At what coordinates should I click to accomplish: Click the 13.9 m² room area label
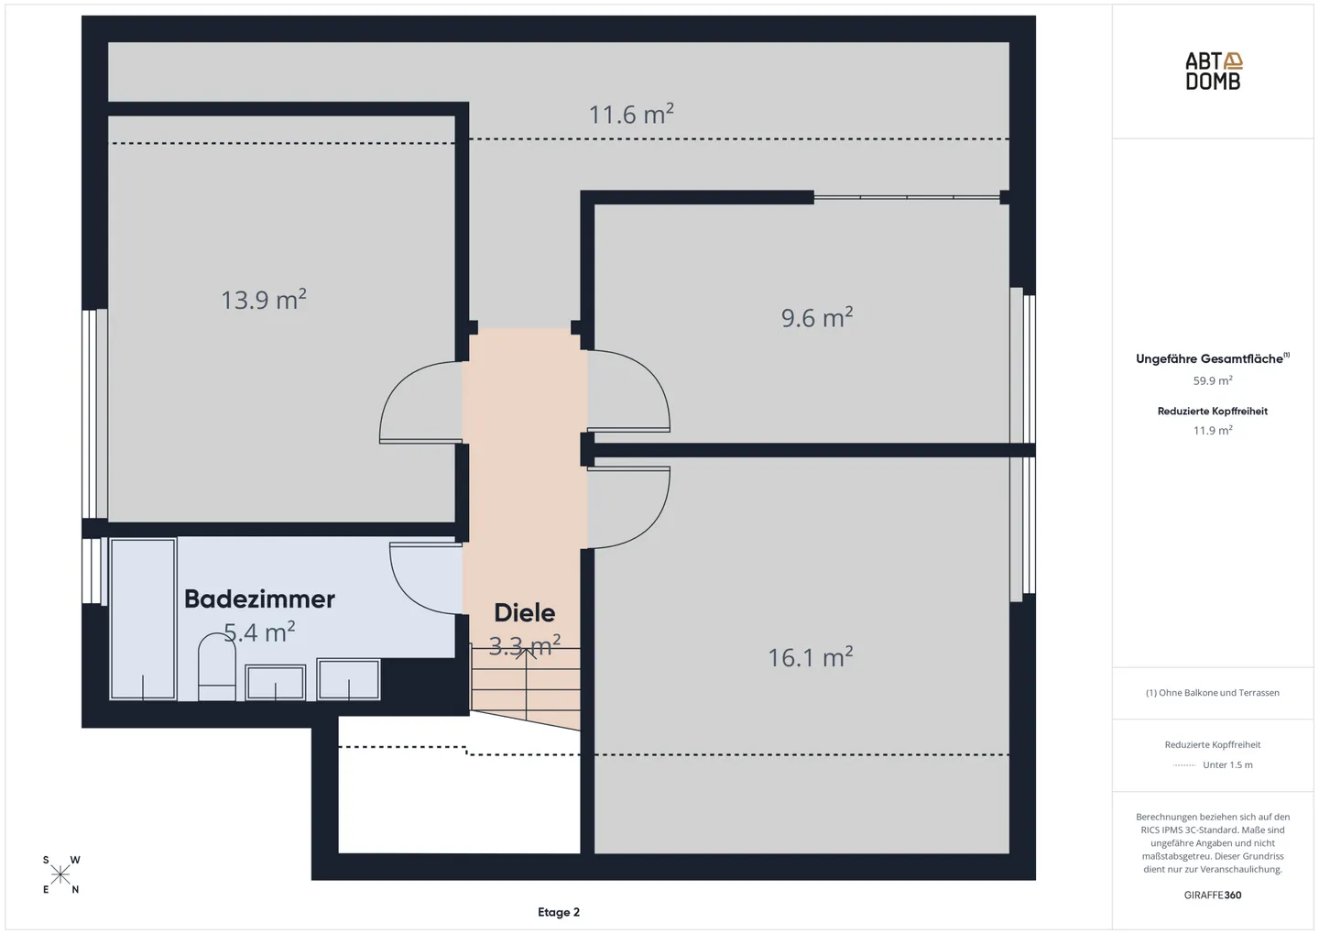click(x=263, y=300)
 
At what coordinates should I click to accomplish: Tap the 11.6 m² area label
click(x=631, y=115)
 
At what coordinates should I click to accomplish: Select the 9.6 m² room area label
click(x=816, y=317)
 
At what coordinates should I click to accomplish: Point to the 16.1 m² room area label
click(x=810, y=657)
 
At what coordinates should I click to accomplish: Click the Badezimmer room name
click(x=259, y=599)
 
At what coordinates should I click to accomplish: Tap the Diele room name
click(x=524, y=612)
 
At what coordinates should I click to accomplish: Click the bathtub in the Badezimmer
click(x=143, y=619)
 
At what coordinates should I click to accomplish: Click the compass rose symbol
click(x=60, y=874)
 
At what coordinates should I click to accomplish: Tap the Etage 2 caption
click(x=558, y=912)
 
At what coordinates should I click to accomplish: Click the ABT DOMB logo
click(x=1213, y=71)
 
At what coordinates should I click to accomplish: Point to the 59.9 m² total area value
click(x=1212, y=380)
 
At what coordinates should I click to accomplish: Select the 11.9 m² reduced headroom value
click(x=1212, y=430)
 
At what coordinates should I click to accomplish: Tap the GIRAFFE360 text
click(x=1212, y=895)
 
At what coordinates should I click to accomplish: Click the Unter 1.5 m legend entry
click(x=1226, y=764)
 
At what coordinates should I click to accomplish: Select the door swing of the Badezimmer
click(x=421, y=577)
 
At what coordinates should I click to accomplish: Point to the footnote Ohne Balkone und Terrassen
click(x=1212, y=693)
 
